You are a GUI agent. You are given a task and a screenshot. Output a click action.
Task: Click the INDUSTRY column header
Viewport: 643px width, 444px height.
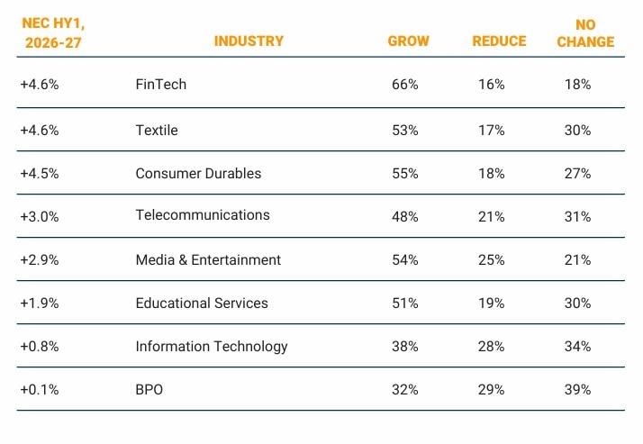point(249,41)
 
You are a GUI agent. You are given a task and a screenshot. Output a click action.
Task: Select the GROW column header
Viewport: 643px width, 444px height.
point(408,41)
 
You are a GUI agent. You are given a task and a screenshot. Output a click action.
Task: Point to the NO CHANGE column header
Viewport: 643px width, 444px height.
point(585,33)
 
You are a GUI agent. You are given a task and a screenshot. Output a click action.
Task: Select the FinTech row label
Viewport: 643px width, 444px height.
point(160,84)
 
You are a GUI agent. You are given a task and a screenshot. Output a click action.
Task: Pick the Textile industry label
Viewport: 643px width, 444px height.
point(157,130)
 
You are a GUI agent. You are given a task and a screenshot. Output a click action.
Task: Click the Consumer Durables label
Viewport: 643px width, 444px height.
point(198,173)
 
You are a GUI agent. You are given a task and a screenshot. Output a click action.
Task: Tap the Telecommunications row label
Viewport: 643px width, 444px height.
point(203,215)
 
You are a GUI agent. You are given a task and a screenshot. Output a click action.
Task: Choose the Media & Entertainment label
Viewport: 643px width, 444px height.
point(208,259)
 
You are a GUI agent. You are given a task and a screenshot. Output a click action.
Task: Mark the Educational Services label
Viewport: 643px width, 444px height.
point(202,303)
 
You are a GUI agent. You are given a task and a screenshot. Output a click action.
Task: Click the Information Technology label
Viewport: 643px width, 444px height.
point(212,346)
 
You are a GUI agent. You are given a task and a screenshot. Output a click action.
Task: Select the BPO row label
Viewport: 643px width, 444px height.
point(149,389)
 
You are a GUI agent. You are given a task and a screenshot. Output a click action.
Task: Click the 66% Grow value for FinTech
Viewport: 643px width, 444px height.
point(405,84)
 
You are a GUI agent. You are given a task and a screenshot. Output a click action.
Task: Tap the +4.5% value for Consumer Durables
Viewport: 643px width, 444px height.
point(40,173)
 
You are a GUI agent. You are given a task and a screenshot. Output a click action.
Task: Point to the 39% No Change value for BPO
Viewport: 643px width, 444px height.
point(577,389)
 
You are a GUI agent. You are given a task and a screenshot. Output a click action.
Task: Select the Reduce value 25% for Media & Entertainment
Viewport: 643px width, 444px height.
point(492,259)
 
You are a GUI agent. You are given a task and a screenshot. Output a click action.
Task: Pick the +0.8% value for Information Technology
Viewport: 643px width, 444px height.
point(40,346)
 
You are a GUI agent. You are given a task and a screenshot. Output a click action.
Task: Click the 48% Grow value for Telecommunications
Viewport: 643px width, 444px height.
point(405,216)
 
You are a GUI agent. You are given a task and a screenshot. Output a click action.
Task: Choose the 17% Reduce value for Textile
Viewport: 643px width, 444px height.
point(492,130)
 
